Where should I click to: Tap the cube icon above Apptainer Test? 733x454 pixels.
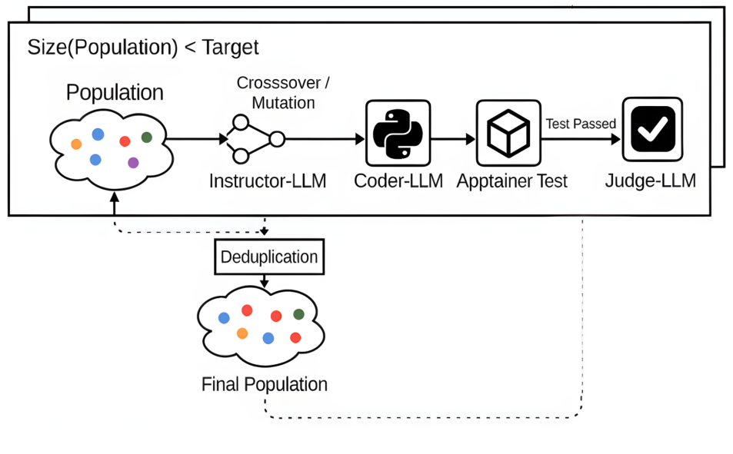click(508, 133)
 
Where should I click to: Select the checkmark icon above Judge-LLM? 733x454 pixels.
click(651, 128)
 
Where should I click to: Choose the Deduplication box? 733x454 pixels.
click(269, 257)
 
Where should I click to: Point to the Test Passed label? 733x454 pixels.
click(581, 123)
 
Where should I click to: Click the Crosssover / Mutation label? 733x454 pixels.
click(278, 91)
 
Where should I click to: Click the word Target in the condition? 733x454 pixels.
click(231, 48)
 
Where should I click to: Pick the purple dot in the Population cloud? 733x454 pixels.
click(133, 162)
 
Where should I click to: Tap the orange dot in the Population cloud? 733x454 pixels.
click(76, 144)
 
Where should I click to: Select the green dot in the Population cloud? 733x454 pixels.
click(147, 138)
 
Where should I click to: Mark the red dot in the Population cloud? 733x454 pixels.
click(125, 141)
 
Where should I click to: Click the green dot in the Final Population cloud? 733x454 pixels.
click(298, 314)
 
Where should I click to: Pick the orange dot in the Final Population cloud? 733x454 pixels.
click(242, 333)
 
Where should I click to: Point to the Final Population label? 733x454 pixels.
click(264, 384)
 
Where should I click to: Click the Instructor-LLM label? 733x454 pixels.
click(268, 182)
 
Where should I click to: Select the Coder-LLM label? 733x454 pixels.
click(398, 182)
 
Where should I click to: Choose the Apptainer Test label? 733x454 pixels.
click(511, 182)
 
